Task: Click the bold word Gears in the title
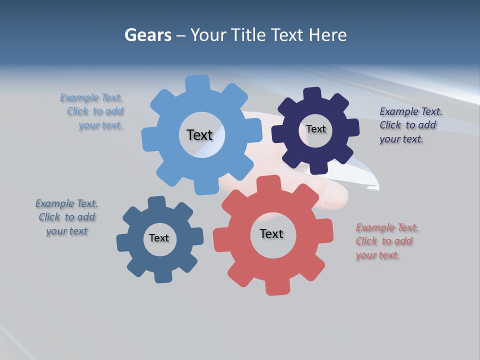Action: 147,35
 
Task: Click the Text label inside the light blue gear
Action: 199,135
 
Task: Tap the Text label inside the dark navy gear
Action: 315,129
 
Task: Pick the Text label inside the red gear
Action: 271,233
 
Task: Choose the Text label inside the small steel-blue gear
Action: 159,238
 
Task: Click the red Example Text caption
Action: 386,241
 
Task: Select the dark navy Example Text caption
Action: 410,125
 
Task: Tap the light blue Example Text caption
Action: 94,111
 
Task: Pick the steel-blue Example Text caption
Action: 66,217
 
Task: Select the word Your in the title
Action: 206,35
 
